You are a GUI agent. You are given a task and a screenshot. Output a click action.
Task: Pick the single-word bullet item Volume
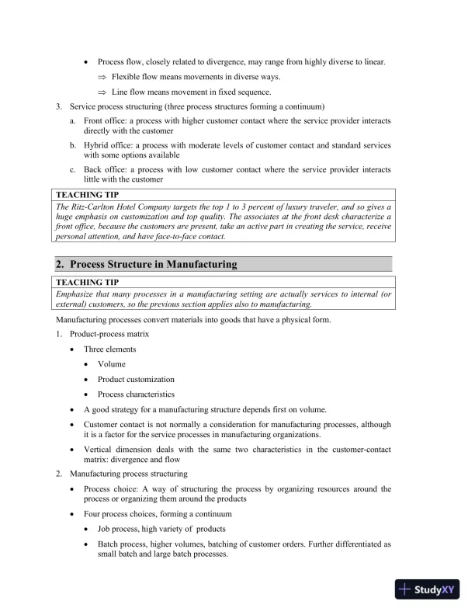111,363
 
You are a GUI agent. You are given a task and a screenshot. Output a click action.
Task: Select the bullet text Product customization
136,379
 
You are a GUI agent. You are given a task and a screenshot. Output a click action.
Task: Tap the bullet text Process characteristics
136,394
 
